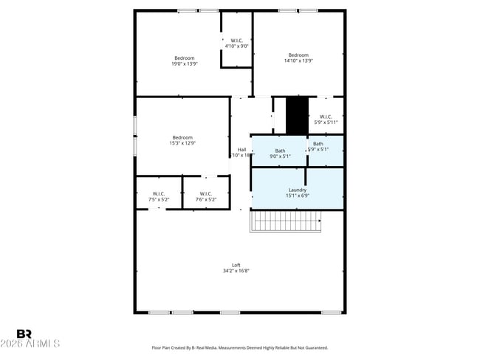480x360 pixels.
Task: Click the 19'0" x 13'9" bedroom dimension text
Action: point(184,64)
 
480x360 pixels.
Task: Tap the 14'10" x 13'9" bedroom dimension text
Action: point(298,61)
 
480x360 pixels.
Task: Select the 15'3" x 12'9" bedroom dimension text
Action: point(182,143)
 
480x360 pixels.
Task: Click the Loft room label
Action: point(236,265)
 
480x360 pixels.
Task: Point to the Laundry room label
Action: point(298,190)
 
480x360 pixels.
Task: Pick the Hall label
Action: point(241,150)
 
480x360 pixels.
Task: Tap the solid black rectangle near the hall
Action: point(297,116)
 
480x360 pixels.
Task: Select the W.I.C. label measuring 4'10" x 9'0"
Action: point(236,46)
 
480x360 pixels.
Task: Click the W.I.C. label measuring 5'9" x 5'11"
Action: point(325,122)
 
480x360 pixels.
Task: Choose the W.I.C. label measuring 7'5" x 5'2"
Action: point(160,199)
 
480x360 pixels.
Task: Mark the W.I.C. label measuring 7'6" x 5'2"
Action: point(206,199)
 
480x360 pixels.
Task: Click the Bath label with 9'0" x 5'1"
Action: point(280,156)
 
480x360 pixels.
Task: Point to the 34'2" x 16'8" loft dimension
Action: point(236,271)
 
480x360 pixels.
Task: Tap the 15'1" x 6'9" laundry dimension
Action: point(298,196)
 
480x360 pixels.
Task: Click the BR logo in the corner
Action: point(24,334)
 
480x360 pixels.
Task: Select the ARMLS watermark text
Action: point(31,344)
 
